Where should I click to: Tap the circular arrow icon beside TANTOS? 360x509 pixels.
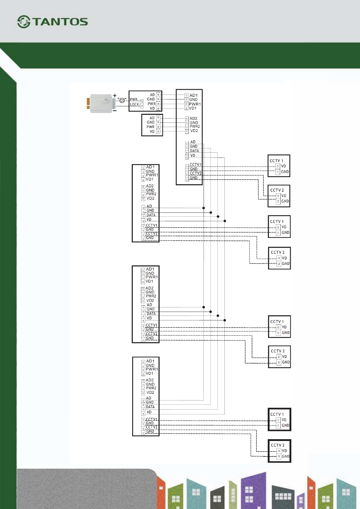pos(24,22)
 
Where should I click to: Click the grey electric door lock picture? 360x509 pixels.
pos(101,103)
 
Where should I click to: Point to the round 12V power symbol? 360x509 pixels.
pos(122,100)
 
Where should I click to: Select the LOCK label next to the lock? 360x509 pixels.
pos(134,104)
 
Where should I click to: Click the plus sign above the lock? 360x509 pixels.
pos(115,96)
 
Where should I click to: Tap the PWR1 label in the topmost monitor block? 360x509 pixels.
pos(195,104)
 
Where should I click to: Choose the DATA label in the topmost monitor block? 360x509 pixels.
pos(194,151)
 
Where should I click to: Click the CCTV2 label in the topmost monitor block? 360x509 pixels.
pos(195,173)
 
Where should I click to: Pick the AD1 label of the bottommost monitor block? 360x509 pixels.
pos(150,361)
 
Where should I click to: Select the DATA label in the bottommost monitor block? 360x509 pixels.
pos(150,407)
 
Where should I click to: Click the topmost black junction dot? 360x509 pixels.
pos(204,208)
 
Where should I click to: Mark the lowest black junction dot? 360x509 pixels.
pos(225,320)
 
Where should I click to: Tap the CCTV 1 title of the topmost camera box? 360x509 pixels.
pos(276,161)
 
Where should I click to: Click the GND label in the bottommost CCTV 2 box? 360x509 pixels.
pos(286,456)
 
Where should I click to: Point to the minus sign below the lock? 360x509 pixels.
pos(115,111)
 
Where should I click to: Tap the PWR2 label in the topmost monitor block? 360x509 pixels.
pos(195,126)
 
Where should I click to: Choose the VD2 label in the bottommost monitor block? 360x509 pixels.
pos(150,392)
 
